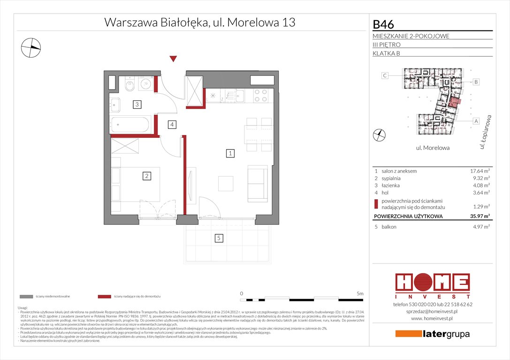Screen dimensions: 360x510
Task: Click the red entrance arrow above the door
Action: (x=173, y=59)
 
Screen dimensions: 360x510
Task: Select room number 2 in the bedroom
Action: (x=147, y=176)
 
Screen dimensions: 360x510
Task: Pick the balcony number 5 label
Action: (x=219, y=239)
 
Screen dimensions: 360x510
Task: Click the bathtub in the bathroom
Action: (x=130, y=125)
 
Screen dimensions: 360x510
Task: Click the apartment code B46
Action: (x=383, y=24)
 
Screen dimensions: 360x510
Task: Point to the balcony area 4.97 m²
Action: (x=480, y=227)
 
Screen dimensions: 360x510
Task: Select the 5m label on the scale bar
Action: (x=359, y=293)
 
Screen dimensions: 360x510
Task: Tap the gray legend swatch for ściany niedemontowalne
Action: (x=26, y=297)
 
